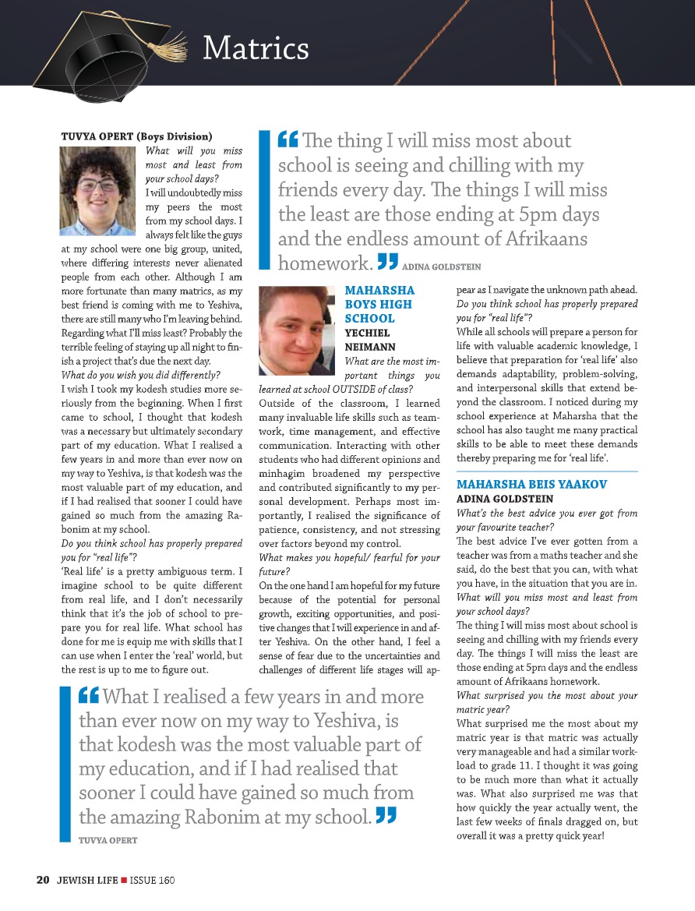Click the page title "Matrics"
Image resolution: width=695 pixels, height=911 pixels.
[x=256, y=49]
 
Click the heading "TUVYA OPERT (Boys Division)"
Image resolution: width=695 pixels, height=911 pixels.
[x=136, y=136]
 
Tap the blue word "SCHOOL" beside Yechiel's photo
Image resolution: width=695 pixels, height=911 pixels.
[x=369, y=319]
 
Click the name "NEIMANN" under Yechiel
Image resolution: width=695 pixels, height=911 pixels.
[x=370, y=346]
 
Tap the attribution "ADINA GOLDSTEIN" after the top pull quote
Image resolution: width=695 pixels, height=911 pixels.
[x=442, y=267]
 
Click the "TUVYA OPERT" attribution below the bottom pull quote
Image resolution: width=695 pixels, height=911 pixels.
[x=108, y=840]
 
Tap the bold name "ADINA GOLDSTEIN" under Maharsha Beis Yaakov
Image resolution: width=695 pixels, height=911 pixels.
[x=505, y=498]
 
